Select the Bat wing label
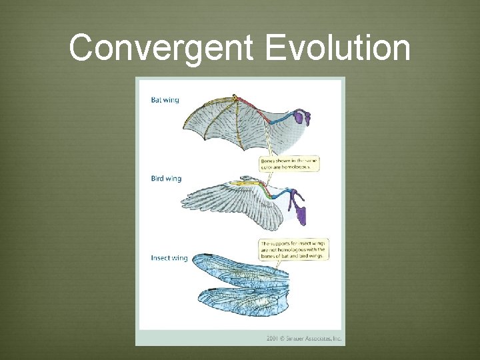(165, 100)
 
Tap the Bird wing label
(165, 179)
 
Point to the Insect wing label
(169, 257)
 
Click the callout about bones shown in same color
(289, 164)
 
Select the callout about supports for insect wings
(293, 249)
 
